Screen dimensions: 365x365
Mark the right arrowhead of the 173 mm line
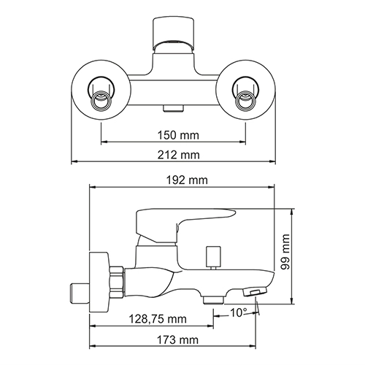point(260,346)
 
